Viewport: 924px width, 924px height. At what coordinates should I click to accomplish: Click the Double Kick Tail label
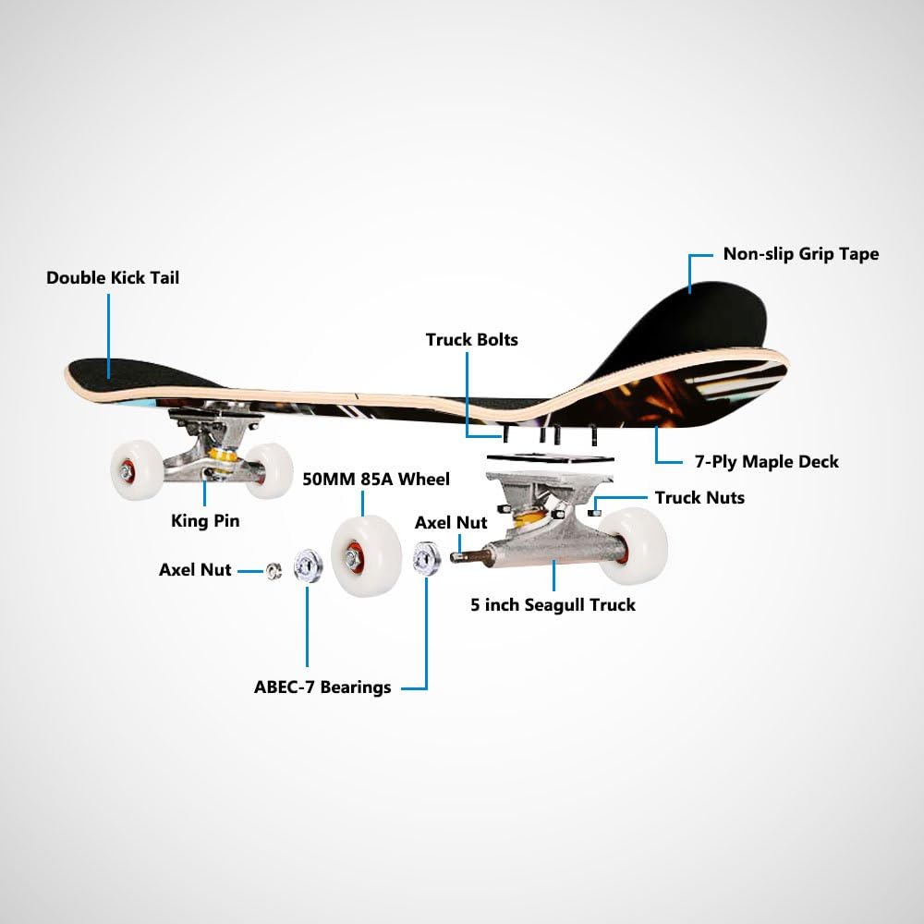coord(113,277)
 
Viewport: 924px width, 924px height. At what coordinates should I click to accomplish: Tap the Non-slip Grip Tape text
coord(800,253)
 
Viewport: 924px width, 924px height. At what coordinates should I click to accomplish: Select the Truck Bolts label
coord(471,340)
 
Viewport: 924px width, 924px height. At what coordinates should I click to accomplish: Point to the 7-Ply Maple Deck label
coord(766,460)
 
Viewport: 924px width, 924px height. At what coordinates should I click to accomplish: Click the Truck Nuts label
coord(699,498)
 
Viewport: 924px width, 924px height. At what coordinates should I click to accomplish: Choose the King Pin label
coord(205,520)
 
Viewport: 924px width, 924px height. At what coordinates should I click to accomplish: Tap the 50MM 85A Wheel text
coord(376,479)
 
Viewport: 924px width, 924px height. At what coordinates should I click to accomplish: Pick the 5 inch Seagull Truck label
coord(553,605)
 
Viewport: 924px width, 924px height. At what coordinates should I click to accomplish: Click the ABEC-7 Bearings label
coord(322,687)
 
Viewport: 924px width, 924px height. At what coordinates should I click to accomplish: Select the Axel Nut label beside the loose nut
coord(194,570)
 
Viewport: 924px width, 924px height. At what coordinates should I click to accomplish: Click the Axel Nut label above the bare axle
coord(451,522)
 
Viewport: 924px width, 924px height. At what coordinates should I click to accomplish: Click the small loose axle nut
coord(274,570)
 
